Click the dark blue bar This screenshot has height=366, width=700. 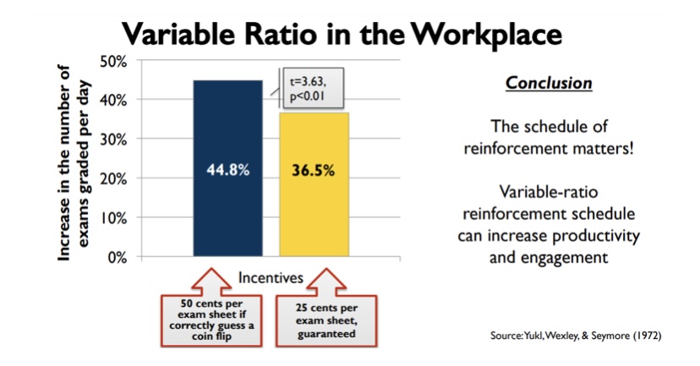[227, 168]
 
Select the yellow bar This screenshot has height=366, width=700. [314, 184]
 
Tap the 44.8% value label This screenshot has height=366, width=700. [227, 170]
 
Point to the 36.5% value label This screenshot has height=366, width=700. [313, 171]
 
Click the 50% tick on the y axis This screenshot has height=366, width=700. [113, 61]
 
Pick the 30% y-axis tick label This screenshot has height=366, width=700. [113, 139]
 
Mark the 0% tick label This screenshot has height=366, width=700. [118, 258]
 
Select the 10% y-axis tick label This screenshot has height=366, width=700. [113, 218]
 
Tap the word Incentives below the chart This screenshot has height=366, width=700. [271, 277]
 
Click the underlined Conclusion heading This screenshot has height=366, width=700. [549, 83]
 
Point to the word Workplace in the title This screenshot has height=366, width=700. [486, 35]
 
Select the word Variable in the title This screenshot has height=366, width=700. [178, 34]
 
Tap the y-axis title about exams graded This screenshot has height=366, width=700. [74, 163]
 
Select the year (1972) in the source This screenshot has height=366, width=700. [647, 336]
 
